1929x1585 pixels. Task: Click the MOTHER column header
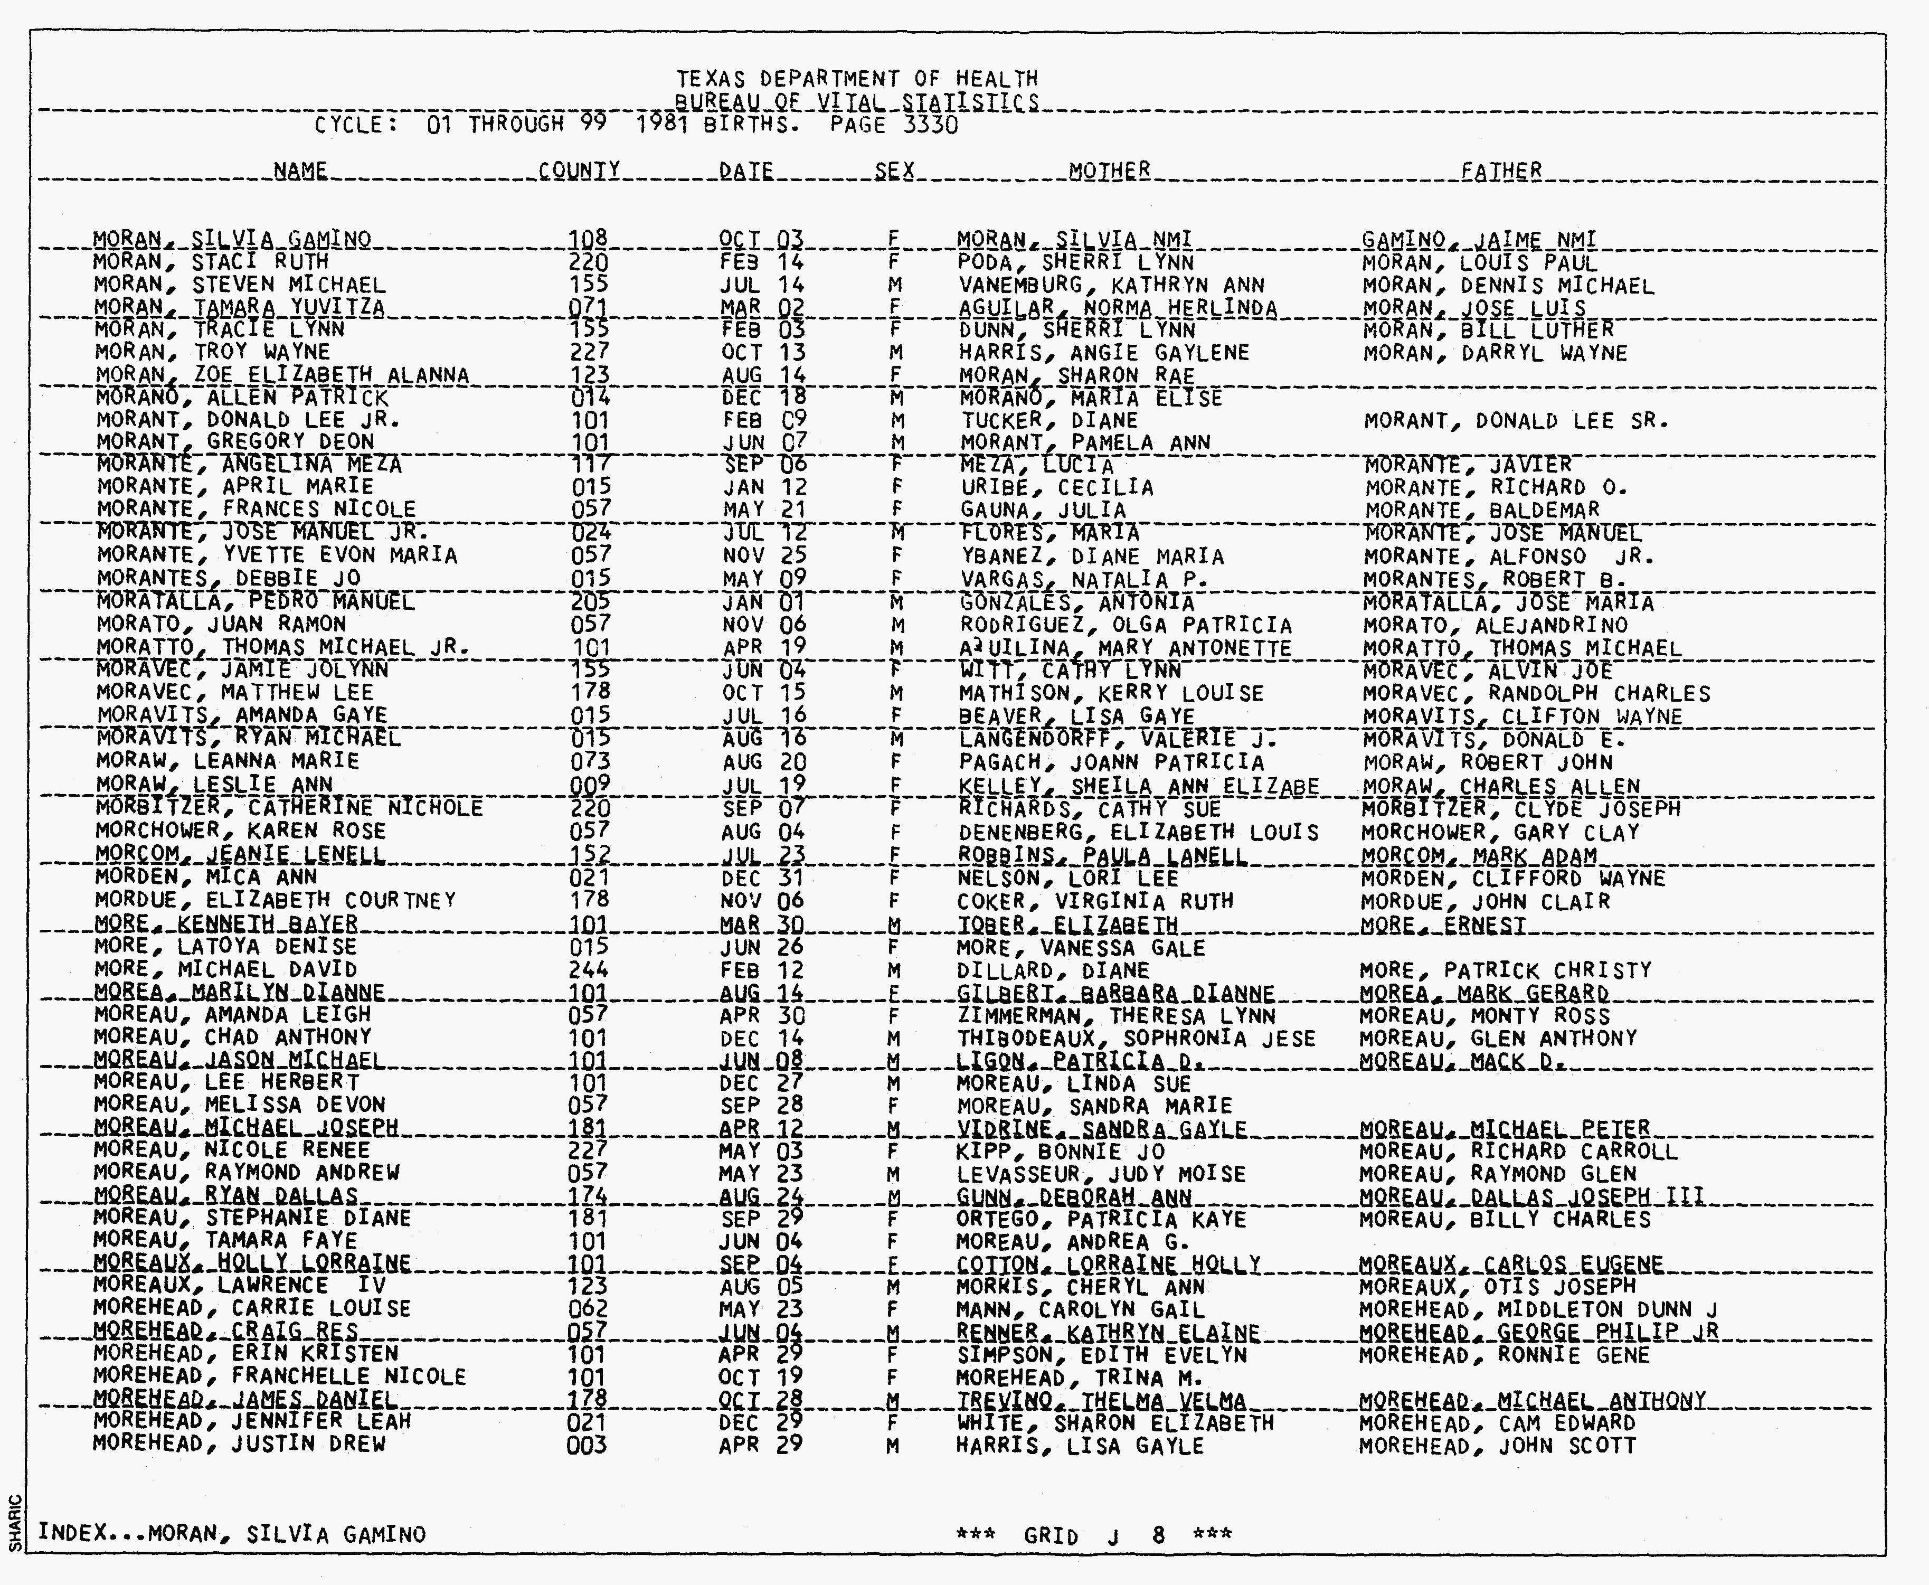[x=1109, y=171]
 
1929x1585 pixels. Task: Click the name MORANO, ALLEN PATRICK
[x=242, y=398]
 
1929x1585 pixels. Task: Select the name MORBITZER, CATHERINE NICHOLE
[x=288, y=808]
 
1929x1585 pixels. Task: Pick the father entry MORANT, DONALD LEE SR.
[x=1516, y=421]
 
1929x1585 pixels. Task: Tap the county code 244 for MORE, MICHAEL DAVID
[x=587, y=969]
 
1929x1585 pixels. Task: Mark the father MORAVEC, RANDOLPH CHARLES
[x=1536, y=694]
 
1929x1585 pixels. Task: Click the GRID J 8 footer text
[x=1094, y=1535]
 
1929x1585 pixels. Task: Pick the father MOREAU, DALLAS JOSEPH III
[x=1531, y=1196]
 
